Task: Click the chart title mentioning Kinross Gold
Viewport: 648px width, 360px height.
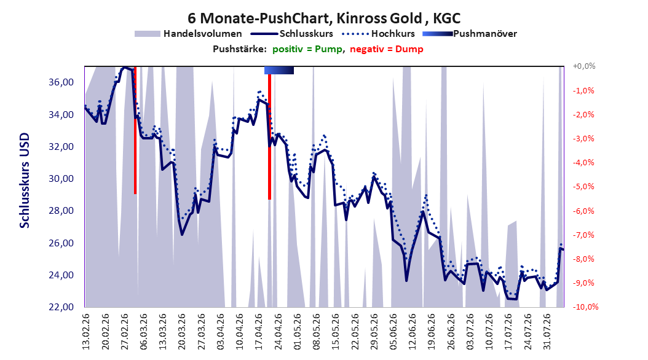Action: point(324,18)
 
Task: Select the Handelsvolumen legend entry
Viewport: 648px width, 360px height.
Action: point(188,34)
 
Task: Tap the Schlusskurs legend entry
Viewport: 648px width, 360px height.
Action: point(292,34)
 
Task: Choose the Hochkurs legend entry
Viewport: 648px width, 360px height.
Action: point(378,34)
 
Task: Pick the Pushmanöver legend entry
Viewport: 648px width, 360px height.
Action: point(470,34)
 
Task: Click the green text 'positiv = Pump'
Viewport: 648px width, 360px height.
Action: point(307,49)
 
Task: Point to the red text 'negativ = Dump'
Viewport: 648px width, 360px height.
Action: point(387,49)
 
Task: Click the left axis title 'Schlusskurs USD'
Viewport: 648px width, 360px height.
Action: point(25,181)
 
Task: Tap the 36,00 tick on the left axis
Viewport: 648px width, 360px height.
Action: point(61,82)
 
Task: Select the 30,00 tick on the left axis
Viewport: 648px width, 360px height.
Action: point(61,179)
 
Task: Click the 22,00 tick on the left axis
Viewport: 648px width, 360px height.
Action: point(61,307)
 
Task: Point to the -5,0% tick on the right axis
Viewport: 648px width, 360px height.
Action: point(583,187)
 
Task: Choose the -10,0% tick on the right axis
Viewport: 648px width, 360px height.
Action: point(585,307)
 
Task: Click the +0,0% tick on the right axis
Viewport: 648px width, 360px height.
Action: point(584,66)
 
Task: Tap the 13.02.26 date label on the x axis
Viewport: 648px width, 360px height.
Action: point(86,332)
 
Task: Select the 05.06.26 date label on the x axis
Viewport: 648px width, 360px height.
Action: point(393,332)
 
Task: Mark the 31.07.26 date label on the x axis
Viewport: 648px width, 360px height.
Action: point(547,332)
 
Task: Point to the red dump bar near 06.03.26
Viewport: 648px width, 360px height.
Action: point(135,130)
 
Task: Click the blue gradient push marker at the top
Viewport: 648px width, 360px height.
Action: point(279,70)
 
